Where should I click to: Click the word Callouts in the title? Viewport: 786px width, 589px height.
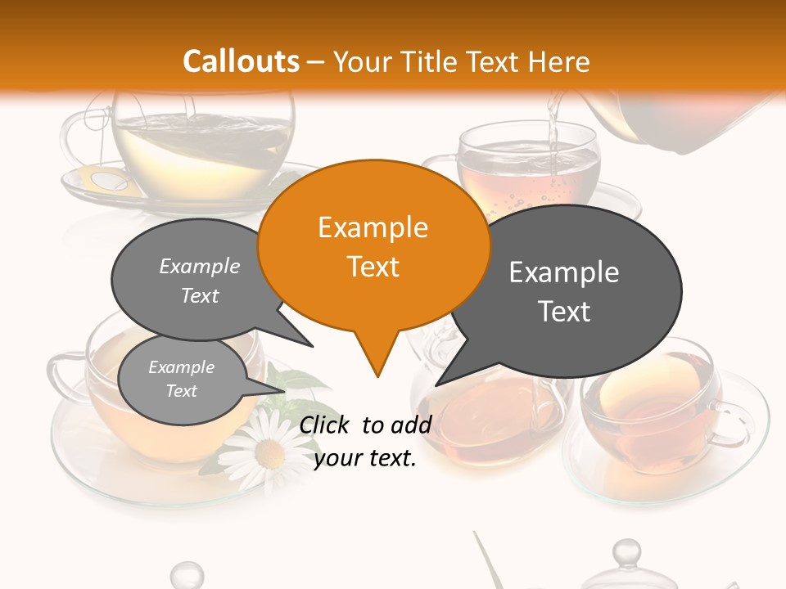[241, 61]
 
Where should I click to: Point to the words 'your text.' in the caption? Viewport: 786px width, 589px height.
[365, 459]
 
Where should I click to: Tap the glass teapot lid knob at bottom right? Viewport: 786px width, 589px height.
[626, 552]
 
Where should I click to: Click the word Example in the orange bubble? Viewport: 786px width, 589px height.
[373, 227]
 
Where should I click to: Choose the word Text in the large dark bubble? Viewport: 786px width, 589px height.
[564, 312]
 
